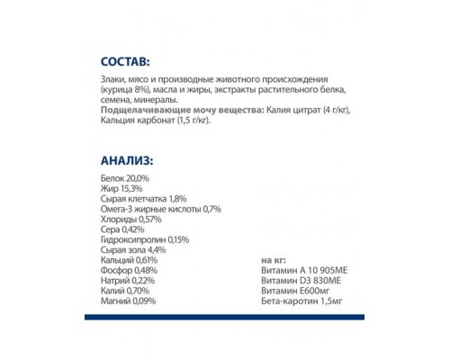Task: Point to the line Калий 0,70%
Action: [121, 290]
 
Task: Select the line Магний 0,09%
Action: [123, 301]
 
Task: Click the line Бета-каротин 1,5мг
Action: [301, 301]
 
